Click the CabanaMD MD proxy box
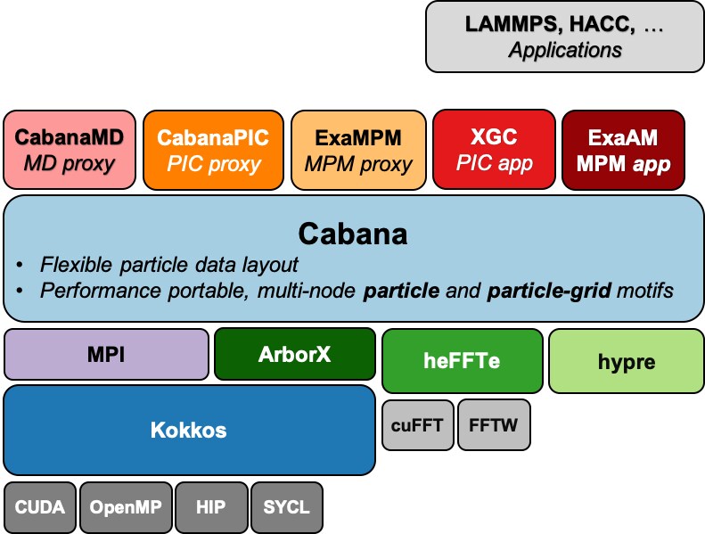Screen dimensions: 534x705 coord(70,150)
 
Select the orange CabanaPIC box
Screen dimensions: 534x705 coord(213,150)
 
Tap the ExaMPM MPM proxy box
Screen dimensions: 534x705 coord(358,150)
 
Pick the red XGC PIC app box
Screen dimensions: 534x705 coord(493,150)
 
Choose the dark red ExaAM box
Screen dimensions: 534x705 coord(623,150)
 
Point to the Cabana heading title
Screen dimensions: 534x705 coord(353,234)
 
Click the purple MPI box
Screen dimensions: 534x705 coord(107,354)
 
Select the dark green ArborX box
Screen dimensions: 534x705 coord(294,354)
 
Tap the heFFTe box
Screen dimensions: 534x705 coord(462,361)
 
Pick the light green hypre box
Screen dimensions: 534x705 coord(626,361)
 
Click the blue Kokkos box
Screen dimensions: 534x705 coord(189,431)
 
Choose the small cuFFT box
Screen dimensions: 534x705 coord(417,424)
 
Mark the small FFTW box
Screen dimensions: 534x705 coord(494,424)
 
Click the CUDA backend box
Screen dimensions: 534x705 coord(40,507)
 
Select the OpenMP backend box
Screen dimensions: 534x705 coord(126,507)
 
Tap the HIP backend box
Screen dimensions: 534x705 coord(211,507)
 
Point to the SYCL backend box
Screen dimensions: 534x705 coord(286,507)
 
